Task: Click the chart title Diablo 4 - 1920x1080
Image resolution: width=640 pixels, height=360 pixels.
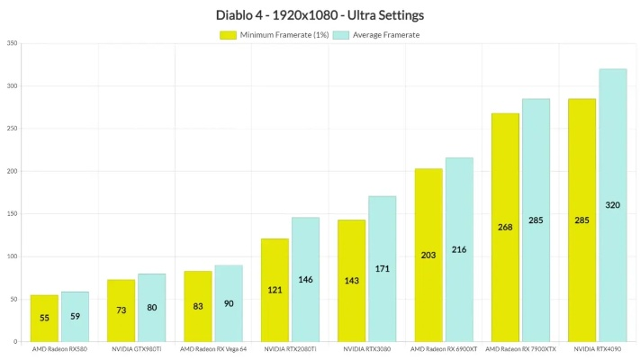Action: pos(320,15)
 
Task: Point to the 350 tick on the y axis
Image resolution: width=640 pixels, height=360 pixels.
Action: pos(12,43)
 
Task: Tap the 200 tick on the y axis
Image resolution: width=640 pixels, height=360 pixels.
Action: pos(12,171)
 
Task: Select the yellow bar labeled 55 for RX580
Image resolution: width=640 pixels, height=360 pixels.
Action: pos(44,318)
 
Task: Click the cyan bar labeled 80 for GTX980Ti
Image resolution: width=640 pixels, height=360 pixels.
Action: pos(151,308)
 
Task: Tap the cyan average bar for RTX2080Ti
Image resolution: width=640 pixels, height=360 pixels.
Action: pos(305,279)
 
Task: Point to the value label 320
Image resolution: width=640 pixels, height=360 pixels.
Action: pos(612,205)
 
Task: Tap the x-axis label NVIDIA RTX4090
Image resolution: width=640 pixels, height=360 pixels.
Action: pos(598,349)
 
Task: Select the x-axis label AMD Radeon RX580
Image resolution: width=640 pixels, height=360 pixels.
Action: pos(59,349)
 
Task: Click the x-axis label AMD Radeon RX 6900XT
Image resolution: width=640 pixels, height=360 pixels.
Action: pos(444,349)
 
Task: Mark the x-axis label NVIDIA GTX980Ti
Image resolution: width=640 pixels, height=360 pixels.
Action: pos(136,349)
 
